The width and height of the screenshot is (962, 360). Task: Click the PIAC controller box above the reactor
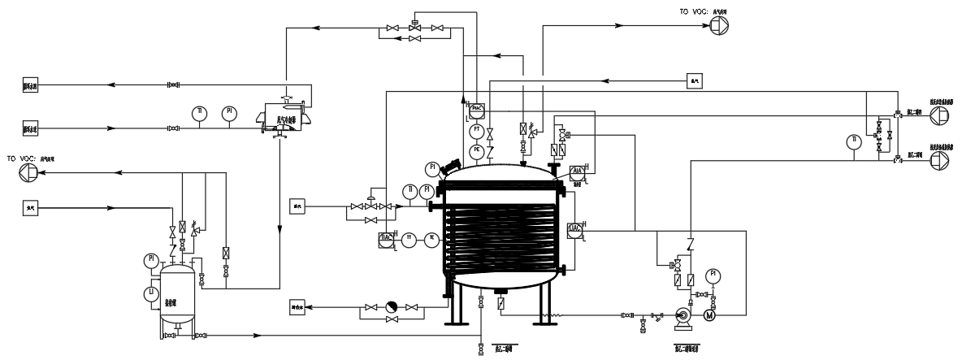coord(477,107)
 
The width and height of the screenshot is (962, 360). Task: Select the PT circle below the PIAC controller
coord(477,130)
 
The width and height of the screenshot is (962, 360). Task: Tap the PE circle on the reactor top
coord(477,150)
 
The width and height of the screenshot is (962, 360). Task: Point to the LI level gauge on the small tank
coord(151,293)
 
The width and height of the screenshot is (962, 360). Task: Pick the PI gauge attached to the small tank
coord(151,260)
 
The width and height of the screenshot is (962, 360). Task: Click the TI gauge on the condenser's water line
coord(198,111)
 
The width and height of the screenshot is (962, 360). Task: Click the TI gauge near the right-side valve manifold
coord(852,141)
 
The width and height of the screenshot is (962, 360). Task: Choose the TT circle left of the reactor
coord(411,239)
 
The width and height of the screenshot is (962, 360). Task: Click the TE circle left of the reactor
coord(431,239)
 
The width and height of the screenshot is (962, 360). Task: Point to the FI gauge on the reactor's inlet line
coord(427,191)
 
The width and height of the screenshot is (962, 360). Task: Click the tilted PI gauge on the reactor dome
coord(432,168)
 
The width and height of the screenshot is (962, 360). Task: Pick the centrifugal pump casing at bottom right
coord(682,316)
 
